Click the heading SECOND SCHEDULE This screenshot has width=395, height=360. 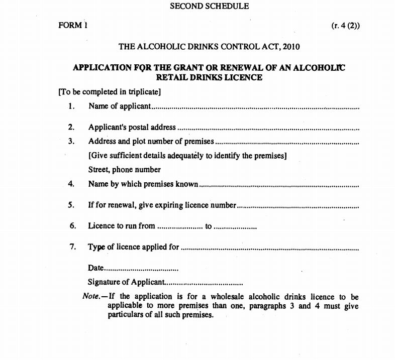[x=209, y=7]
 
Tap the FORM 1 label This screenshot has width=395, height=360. [x=73, y=26]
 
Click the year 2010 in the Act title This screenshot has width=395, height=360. [x=290, y=47]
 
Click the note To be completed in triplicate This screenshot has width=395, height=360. [x=110, y=92]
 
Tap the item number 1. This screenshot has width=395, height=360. [x=72, y=106]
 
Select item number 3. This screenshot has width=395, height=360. [x=72, y=141]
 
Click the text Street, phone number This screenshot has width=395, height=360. [x=125, y=169]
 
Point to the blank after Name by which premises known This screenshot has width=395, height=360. [x=279, y=185]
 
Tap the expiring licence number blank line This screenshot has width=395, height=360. [x=298, y=206]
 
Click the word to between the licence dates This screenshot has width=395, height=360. [x=209, y=226]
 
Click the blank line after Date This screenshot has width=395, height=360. [x=141, y=269]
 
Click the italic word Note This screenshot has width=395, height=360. [x=91, y=296]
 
